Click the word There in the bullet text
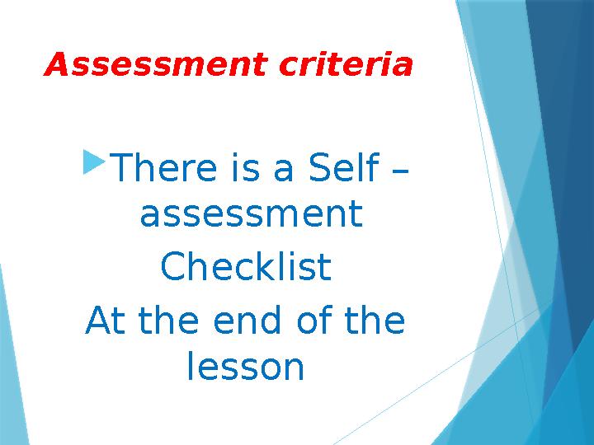click(x=162, y=169)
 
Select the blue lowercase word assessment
click(x=251, y=216)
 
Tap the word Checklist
click(x=246, y=267)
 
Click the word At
click(x=105, y=321)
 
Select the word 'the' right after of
click(x=375, y=321)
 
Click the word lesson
click(x=246, y=368)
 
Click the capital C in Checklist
click(x=173, y=267)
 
